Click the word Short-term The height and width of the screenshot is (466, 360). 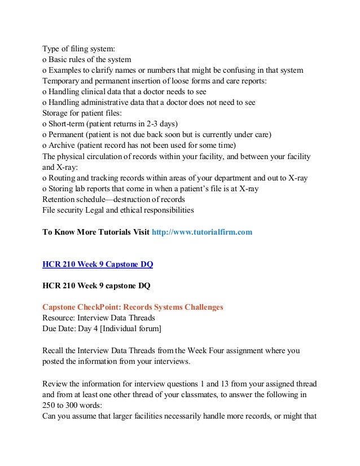point(67,124)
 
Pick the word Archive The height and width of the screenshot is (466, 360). point(63,145)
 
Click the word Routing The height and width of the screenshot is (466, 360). point(63,177)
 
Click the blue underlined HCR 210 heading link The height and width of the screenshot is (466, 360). point(97,264)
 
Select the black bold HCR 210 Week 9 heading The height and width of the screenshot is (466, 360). point(96,285)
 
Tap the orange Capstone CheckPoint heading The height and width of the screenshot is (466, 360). point(133,307)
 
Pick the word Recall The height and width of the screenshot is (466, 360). point(54,350)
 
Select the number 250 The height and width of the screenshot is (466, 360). point(50,405)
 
